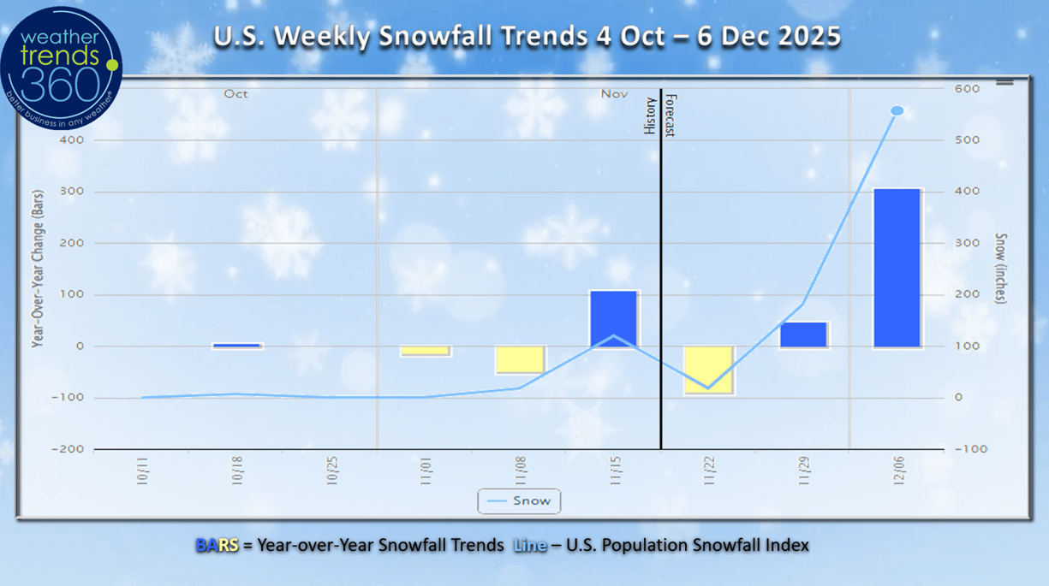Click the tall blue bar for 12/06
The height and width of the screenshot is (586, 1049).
(x=897, y=268)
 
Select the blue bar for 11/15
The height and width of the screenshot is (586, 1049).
(x=613, y=318)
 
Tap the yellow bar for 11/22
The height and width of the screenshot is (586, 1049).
(x=707, y=370)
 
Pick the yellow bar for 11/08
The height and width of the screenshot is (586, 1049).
(x=519, y=360)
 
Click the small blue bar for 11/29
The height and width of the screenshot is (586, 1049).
(x=803, y=334)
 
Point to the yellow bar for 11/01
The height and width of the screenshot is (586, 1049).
(x=425, y=351)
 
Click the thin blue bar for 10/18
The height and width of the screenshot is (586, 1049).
(x=236, y=346)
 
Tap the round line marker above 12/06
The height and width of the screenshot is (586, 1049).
(x=897, y=110)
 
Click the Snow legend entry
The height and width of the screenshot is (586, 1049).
(x=519, y=500)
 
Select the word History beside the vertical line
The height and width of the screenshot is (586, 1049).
(x=650, y=115)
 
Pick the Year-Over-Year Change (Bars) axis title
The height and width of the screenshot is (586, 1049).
(x=38, y=268)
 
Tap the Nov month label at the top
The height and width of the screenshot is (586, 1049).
(x=614, y=94)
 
